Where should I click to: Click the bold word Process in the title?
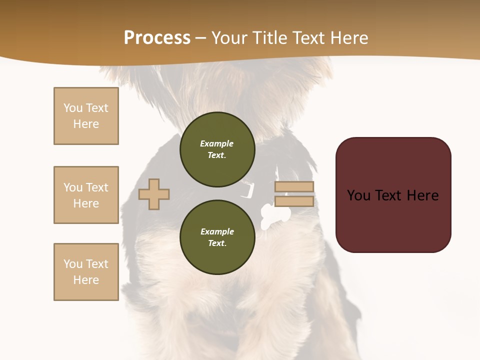tap(157, 38)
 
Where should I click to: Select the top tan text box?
tap(86, 116)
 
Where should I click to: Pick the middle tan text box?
tap(86, 195)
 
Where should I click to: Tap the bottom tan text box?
tap(86, 272)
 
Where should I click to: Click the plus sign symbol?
tap(154, 194)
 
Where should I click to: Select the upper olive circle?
tap(217, 149)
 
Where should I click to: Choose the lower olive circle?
tap(217, 237)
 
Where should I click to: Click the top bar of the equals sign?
tap(294, 187)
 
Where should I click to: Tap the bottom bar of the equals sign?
tap(294, 201)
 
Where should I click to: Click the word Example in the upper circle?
tap(217, 143)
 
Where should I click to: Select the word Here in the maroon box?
tap(422, 195)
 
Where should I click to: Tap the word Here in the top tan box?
tap(86, 124)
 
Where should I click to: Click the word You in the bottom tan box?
tap(73, 264)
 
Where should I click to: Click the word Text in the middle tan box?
tap(96, 187)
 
